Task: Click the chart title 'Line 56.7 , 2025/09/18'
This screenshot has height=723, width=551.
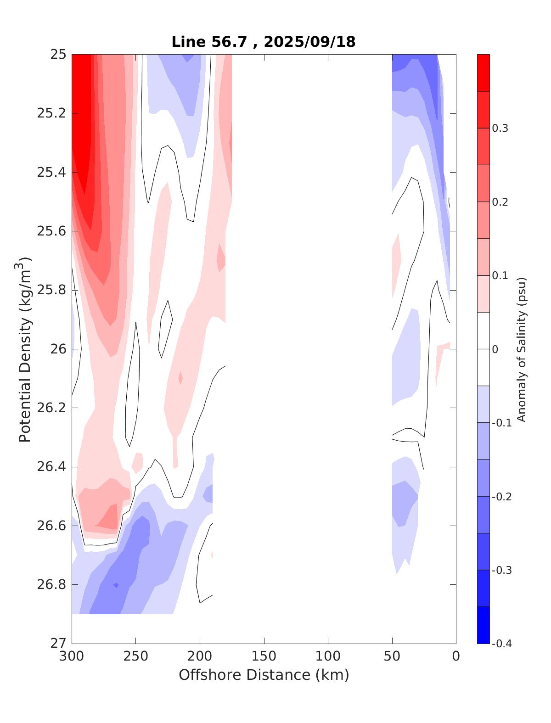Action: [x=263, y=42]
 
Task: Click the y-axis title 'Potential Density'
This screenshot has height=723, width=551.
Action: [x=25, y=349]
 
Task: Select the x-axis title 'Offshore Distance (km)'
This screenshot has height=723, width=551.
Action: [x=264, y=675]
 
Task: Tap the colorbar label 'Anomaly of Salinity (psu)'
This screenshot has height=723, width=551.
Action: [x=521, y=349]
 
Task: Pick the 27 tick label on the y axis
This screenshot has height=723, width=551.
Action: [x=58, y=644]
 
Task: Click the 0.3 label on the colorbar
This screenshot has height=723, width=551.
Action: [x=500, y=128]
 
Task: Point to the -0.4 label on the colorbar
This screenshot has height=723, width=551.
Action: [x=501, y=644]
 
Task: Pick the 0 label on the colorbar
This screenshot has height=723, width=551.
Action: [x=495, y=349]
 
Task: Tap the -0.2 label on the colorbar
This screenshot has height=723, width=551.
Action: [x=501, y=497]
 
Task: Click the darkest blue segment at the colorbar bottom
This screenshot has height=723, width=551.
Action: [x=484, y=625]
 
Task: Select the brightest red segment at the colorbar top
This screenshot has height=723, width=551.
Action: [x=484, y=73]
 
